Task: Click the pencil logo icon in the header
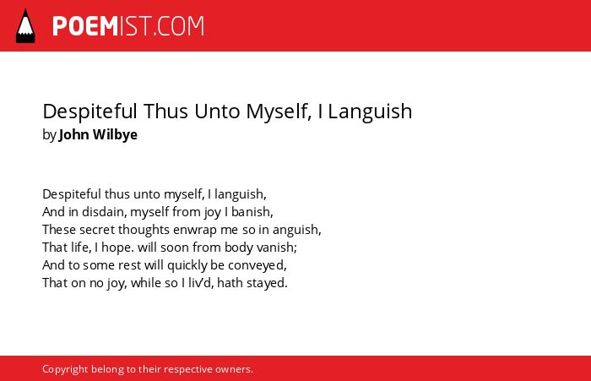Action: (x=25, y=26)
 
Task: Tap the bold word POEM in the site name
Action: (x=85, y=26)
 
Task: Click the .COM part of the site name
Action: (x=179, y=26)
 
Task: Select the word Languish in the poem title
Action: (x=370, y=112)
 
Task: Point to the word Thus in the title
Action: (x=165, y=112)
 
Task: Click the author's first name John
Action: (x=74, y=134)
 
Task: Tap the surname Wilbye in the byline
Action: (x=115, y=134)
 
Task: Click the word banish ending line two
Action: (x=252, y=212)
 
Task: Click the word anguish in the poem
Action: (x=296, y=230)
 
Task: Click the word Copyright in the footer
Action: (x=65, y=369)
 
